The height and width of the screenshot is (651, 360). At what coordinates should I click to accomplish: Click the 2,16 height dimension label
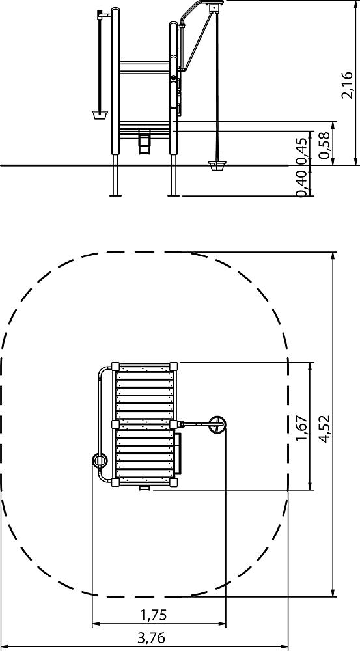click(x=347, y=85)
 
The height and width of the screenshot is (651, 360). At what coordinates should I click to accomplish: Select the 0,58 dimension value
click(x=324, y=145)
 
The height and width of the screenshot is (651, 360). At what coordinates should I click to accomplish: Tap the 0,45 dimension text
click(x=303, y=150)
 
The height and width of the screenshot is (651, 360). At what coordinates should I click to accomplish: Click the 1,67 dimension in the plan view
click(x=303, y=428)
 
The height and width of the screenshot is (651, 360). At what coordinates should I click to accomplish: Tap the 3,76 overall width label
click(x=151, y=637)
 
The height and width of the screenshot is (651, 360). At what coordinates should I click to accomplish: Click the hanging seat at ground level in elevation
click(x=217, y=167)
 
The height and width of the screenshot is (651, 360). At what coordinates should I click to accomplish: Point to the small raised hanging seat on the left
click(x=100, y=115)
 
